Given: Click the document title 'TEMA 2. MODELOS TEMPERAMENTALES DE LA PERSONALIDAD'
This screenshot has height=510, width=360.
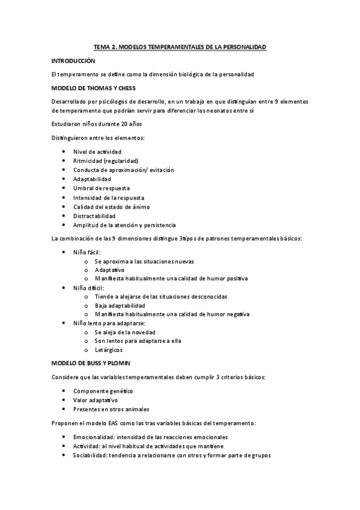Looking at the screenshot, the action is (x=180, y=46).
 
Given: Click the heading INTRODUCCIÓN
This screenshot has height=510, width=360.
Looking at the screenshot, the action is (x=73, y=61).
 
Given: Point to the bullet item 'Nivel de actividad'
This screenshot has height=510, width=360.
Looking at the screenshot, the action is (x=97, y=152).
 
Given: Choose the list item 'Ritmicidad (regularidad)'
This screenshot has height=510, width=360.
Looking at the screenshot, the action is (x=105, y=161).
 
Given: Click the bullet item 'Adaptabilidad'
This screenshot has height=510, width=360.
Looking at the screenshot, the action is (x=92, y=179).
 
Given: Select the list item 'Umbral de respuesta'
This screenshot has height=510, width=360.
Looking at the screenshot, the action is (x=101, y=188).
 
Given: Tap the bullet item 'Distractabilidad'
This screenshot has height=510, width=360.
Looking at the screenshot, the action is (x=94, y=216).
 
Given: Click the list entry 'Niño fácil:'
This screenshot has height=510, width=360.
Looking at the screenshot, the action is (x=87, y=252).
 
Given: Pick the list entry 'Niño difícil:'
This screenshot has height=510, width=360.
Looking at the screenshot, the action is (x=88, y=288).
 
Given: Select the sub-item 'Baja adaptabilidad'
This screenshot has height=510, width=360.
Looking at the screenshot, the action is (x=120, y=306).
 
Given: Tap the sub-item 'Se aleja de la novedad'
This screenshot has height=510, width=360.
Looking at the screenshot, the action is (x=125, y=332).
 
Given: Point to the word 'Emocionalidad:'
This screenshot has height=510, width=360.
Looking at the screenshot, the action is (x=93, y=437).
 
